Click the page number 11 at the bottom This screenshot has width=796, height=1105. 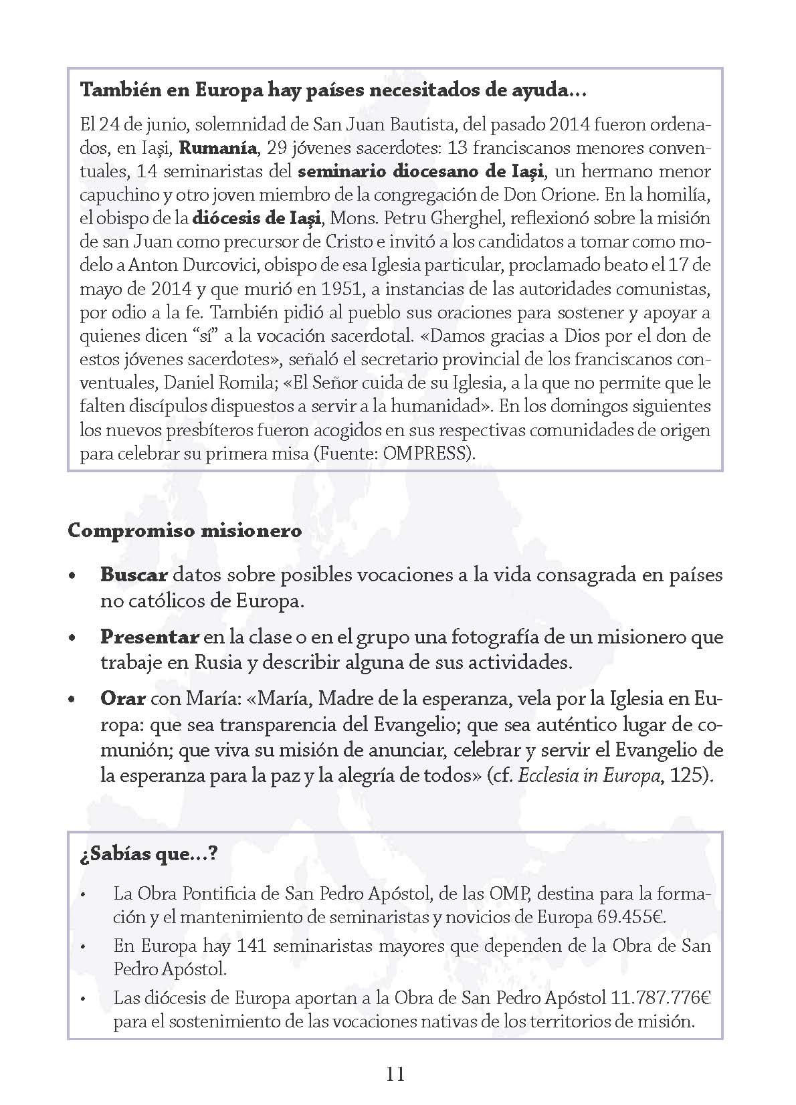pyautogui.click(x=395, y=1074)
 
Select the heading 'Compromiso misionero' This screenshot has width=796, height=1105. pyautogui.click(x=185, y=531)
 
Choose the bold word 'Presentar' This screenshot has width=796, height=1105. pyautogui.click(x=149, y=637)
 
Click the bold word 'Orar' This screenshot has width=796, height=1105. pyautogui.click(x=122, y=698)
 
